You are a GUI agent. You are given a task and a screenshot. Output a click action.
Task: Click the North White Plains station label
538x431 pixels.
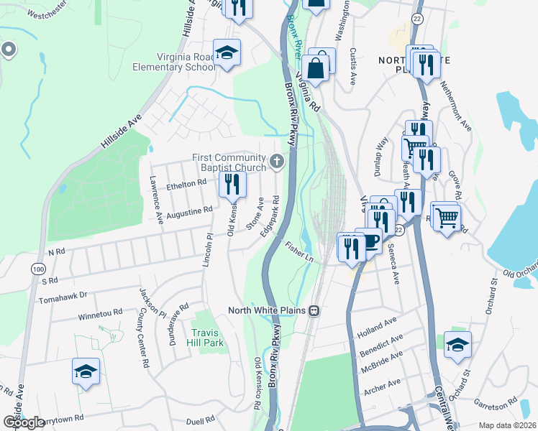(268, 311)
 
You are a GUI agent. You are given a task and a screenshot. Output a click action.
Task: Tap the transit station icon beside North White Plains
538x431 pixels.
(314, 311)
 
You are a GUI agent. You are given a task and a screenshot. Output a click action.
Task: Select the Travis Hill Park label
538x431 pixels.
(207, 337)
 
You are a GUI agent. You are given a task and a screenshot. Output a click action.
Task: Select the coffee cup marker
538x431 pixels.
(370, 241)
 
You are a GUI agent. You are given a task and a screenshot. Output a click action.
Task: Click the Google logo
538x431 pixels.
(24, 422)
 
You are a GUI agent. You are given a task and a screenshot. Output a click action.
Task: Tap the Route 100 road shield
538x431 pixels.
(37, 268)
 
